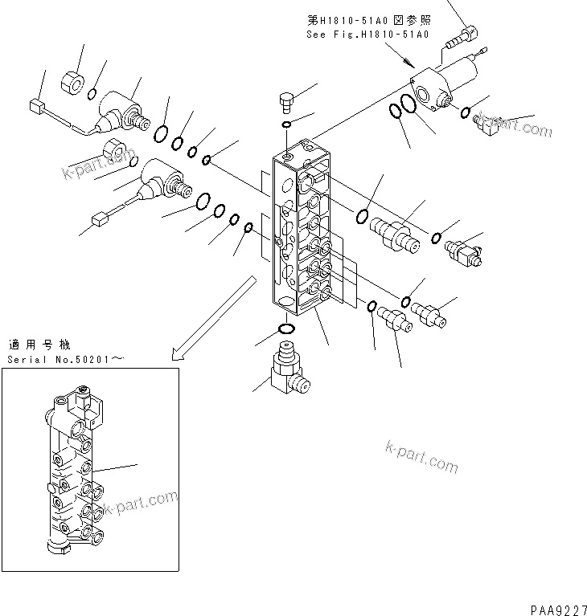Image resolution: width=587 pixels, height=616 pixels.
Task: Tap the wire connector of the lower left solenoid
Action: point(101,217)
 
